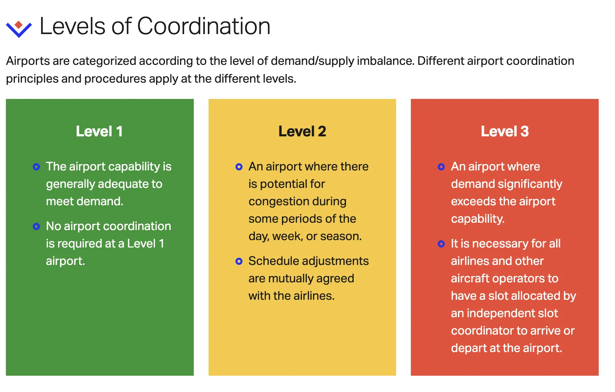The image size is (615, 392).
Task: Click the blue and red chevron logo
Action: pyautogui.click(x=19, y=28)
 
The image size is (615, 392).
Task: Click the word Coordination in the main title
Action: pyautogui.click(x=204, y=27)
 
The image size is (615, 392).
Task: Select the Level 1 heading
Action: pyautogui.click(x=99, y=132)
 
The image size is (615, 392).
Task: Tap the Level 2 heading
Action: pyautogui.click(x=302, y=132)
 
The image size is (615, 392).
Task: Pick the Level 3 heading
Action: pyautogui.click(x=505, y=132)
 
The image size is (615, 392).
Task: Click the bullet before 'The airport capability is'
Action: pyautogui.click(x=36, y=167)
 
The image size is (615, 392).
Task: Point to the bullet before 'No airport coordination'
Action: pyautogui.click(x=36, y=226)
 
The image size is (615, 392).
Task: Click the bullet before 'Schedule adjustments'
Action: pyautogui.click(x=239, y=261)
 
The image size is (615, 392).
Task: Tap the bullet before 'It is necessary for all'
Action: pyautogui.click(x=441, y=244)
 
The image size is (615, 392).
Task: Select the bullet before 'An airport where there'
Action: pyautogui.click(x=239, y=167)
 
